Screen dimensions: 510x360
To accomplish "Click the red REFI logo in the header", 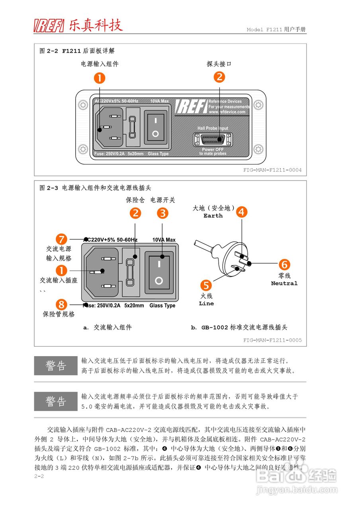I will [x=49, y=25].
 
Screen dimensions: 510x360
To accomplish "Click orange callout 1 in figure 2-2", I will [x=99, y=77].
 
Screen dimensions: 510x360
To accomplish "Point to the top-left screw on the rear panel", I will [x=83, y=105].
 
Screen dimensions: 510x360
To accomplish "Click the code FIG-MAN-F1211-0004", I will [x=272, y=170].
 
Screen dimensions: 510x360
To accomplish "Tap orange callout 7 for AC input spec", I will [x=61, y=239].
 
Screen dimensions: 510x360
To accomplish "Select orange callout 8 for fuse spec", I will [x=61, y=304].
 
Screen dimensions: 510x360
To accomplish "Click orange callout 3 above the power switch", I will [x=162, y=213].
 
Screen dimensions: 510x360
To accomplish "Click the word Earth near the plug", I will [x=213, y=216].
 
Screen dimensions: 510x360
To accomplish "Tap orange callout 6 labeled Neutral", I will [x=284, y=265].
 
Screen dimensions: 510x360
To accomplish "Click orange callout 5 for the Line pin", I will [x=206, y=285].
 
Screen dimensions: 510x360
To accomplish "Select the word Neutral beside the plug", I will [x=284, y=283].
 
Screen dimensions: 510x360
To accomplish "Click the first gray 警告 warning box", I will [x=56, y=365].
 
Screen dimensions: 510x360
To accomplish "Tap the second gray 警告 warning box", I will [x=56, y=401].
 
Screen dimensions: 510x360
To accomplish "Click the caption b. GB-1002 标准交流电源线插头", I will [x=239, y=328].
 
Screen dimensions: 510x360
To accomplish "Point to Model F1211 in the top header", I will [x=264, y=30].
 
